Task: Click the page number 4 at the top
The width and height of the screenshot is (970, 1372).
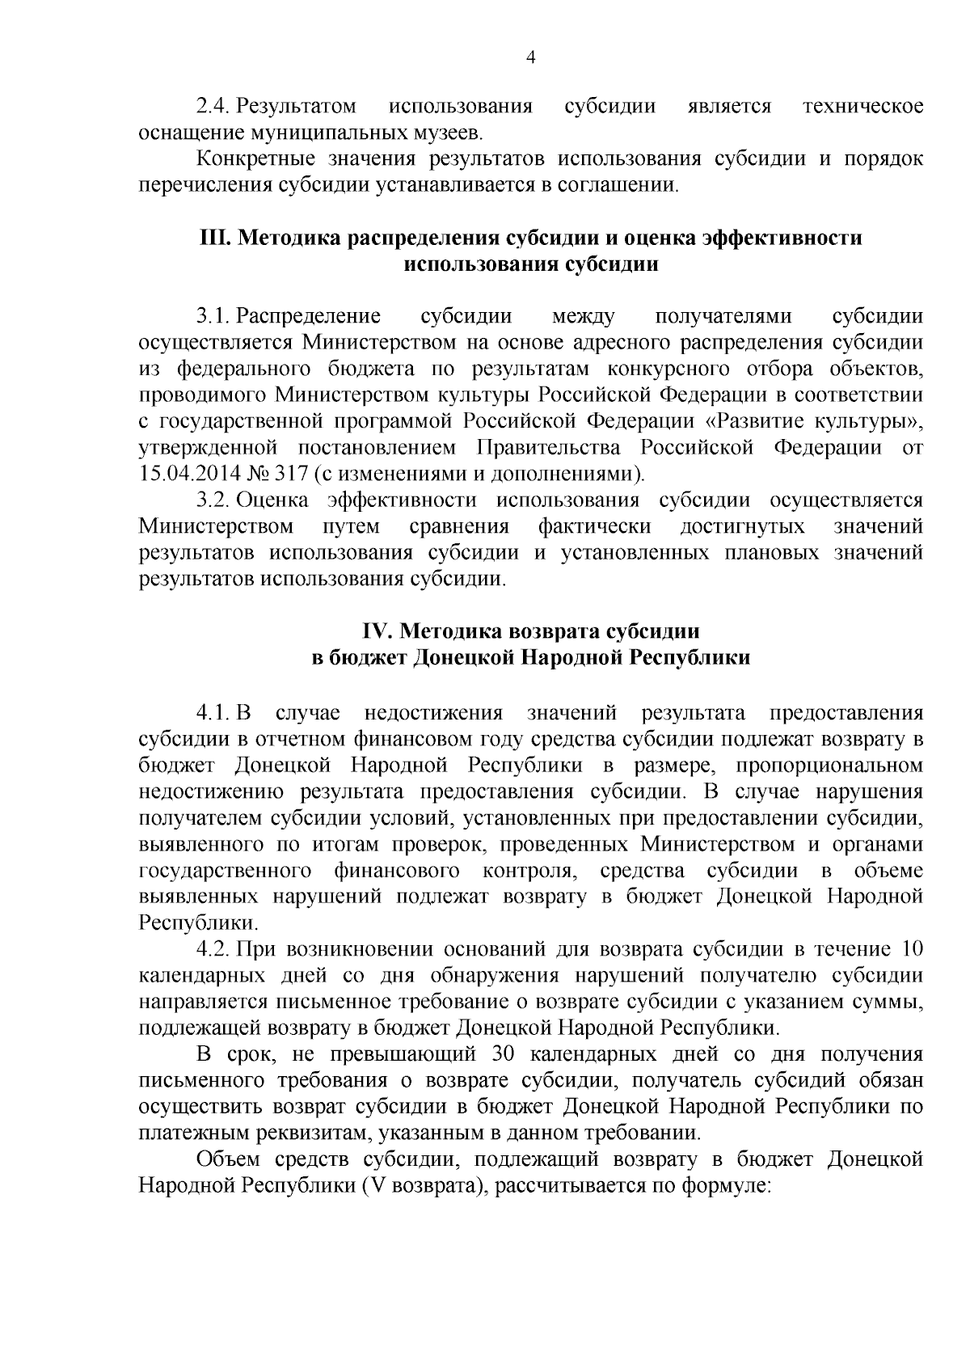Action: coord(530,57)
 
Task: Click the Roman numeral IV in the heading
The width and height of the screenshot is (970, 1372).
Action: coord(373,631)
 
